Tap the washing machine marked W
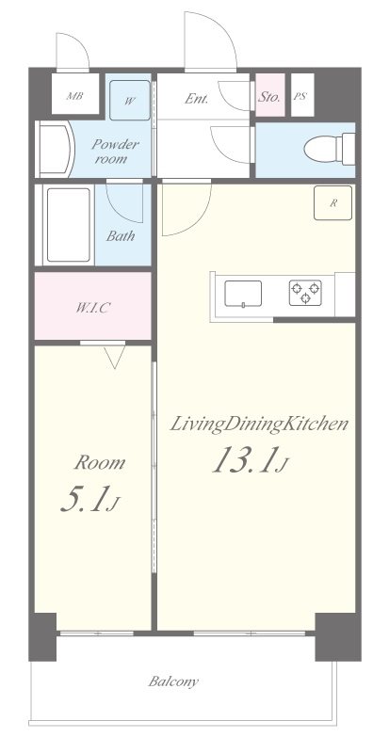(x=130, y=100)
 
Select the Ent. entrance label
(x=197, y=99)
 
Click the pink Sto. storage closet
(x=269, y=95)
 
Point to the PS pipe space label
(x=300, y=96)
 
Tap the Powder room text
(x=115, y=151)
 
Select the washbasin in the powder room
(x=54, y=149)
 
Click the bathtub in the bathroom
(x=69, y=225)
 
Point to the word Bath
(x=121, y=236)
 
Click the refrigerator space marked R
(x=332, y=202)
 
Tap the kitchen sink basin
(x=243, y=294)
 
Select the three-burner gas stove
(x=305, y=293)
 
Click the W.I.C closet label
(x=92, y=309)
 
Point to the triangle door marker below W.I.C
(x=115, y=357)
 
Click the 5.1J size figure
(x=89, y=500)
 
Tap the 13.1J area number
(x=250, y=460)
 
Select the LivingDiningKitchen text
(x=259, y=425)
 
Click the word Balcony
(x=173, y=681)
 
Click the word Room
(x=100, y=463)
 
